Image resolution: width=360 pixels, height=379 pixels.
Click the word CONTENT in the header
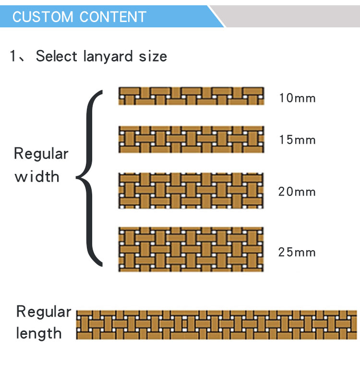pyautogui.click(x=113, y=17)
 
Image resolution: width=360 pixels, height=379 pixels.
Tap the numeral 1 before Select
pyautogui.click(x=13, y=56)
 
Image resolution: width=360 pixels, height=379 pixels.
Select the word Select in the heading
pyautogui.click(x=56, y=56)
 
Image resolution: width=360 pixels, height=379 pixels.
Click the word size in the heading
pyautogui.click(x=153, y=56)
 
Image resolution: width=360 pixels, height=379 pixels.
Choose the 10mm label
pyautogui.click(x=297, y=98)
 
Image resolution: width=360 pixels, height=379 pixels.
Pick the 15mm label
pyautogui.click(x=297, y=140)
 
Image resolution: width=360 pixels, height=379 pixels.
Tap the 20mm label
pyautogui.click(x=297, y=192)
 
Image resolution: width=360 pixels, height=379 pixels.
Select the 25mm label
pyautogui.click(x=297, y=252)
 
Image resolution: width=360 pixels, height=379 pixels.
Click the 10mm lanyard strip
pyautogui.click(x=191, y=96)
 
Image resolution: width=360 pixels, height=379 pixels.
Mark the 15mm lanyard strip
pyautogui.click(x=191, y=139)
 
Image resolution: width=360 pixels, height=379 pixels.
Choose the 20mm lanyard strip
pyautogui.click(x=191, y=190)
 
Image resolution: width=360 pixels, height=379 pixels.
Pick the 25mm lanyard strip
pyautogui.click(x=191, y=249)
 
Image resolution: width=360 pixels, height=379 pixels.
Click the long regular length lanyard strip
pyautogui.click(x=216, y=325)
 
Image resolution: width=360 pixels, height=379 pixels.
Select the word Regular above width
pyautogui.click(x=41, y=154)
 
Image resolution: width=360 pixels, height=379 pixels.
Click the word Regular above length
pyautogui.click(x=43, y=312)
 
